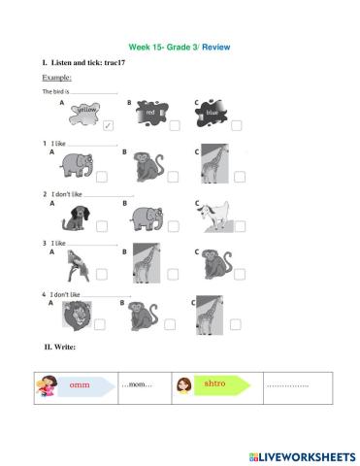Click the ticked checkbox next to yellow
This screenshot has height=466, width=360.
click(x=108, y=125)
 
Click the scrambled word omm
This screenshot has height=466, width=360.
click(x=79, y=386)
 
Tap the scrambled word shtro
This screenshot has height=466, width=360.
click(x=215, y=383)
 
